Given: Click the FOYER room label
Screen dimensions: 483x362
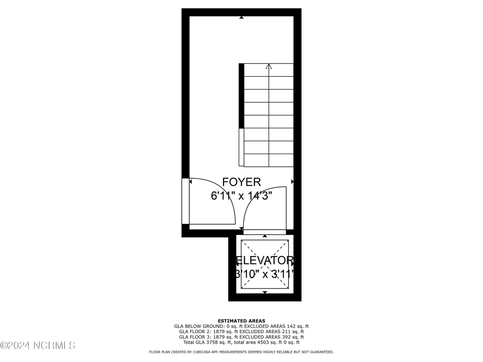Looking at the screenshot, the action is pos(241,182).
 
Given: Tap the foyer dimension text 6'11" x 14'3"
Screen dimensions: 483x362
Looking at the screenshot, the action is pos(241,195).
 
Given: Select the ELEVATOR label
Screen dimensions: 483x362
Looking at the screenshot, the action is pos(265,260).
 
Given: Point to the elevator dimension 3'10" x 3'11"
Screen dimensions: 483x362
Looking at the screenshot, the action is pos(265,274).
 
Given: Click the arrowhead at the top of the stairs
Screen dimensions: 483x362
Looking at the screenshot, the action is pos(269,66).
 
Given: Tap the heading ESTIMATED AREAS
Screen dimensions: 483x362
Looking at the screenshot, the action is pos(241,321).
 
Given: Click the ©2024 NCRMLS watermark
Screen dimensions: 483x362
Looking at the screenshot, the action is pos(38,346).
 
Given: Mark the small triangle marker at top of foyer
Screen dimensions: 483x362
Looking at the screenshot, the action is pos(241,17).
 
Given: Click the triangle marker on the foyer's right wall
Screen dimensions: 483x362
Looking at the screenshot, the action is pos(292,182).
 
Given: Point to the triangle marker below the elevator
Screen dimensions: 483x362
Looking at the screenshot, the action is pos(265,292).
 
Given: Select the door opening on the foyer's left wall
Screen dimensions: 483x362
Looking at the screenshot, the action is pos(185,201).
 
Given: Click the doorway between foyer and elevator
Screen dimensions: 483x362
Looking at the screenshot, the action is pos(265,232).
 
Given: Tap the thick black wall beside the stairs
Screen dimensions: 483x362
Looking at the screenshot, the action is pos(241,96).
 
